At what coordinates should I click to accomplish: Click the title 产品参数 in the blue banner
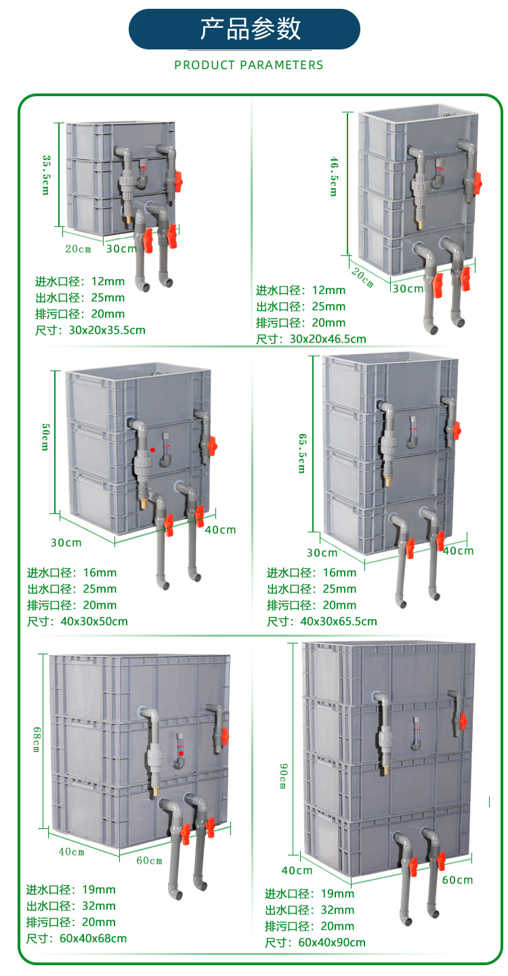pyautogui.click(x=250, y=29)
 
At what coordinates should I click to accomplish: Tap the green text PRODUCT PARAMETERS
pyautogui.click(x=249, y=65)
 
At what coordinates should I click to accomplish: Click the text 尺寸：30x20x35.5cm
pyautogui.click(x=90, y=331)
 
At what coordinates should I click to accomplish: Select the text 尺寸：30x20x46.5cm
pyautogui.click(x=311, y=339)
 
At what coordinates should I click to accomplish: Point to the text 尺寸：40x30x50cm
pyautogui.click(x=77, y=621)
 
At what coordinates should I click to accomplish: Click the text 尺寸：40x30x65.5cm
pyautogui.click(x=322, y=621)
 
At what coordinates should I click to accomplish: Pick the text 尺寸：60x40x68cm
pyautogui.click(x=77, y=938)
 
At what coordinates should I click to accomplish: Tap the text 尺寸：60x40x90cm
pyautogui.click(x=315, y=942)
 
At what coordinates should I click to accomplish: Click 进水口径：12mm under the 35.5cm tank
pyautogui.click(x=80, y=282)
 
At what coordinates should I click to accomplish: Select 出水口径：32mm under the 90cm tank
pyautogui.click(x=310, y=910)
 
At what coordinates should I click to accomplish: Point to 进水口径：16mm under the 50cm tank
pyautogui.click(x=72, y=572)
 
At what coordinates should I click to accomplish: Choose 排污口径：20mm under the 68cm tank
pyautogui.click(x=71, y=922)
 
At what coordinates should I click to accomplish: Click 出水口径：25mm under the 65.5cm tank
pyautogui.click(x=311, y=589)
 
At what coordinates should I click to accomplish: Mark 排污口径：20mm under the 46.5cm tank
pyautogui.click(x=301, y=323)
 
